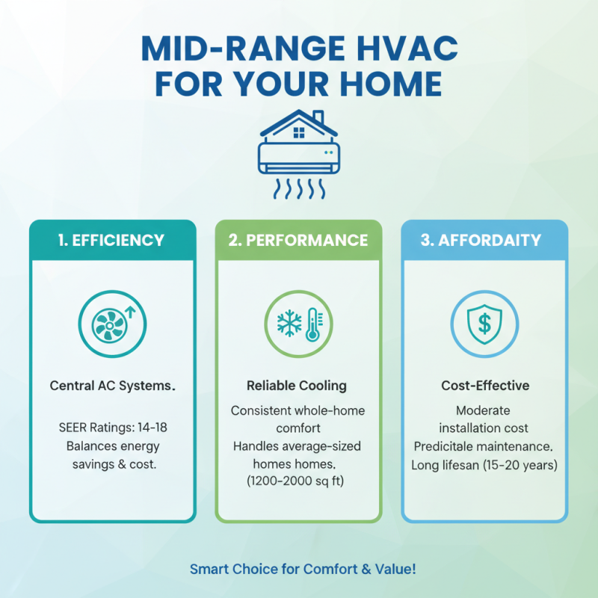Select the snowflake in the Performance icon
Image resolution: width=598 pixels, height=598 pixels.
click(288, 324)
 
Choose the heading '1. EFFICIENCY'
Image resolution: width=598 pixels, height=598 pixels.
click(112, 241)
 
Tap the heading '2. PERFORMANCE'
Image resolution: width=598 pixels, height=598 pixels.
click(298, 241)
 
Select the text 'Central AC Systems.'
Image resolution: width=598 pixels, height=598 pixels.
click(112, 386)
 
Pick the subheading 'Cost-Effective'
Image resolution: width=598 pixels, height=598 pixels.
click(484, 386)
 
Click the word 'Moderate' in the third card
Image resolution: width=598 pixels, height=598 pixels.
click(484, 410)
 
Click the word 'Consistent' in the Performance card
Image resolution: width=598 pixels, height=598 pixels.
click(261, 410)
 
